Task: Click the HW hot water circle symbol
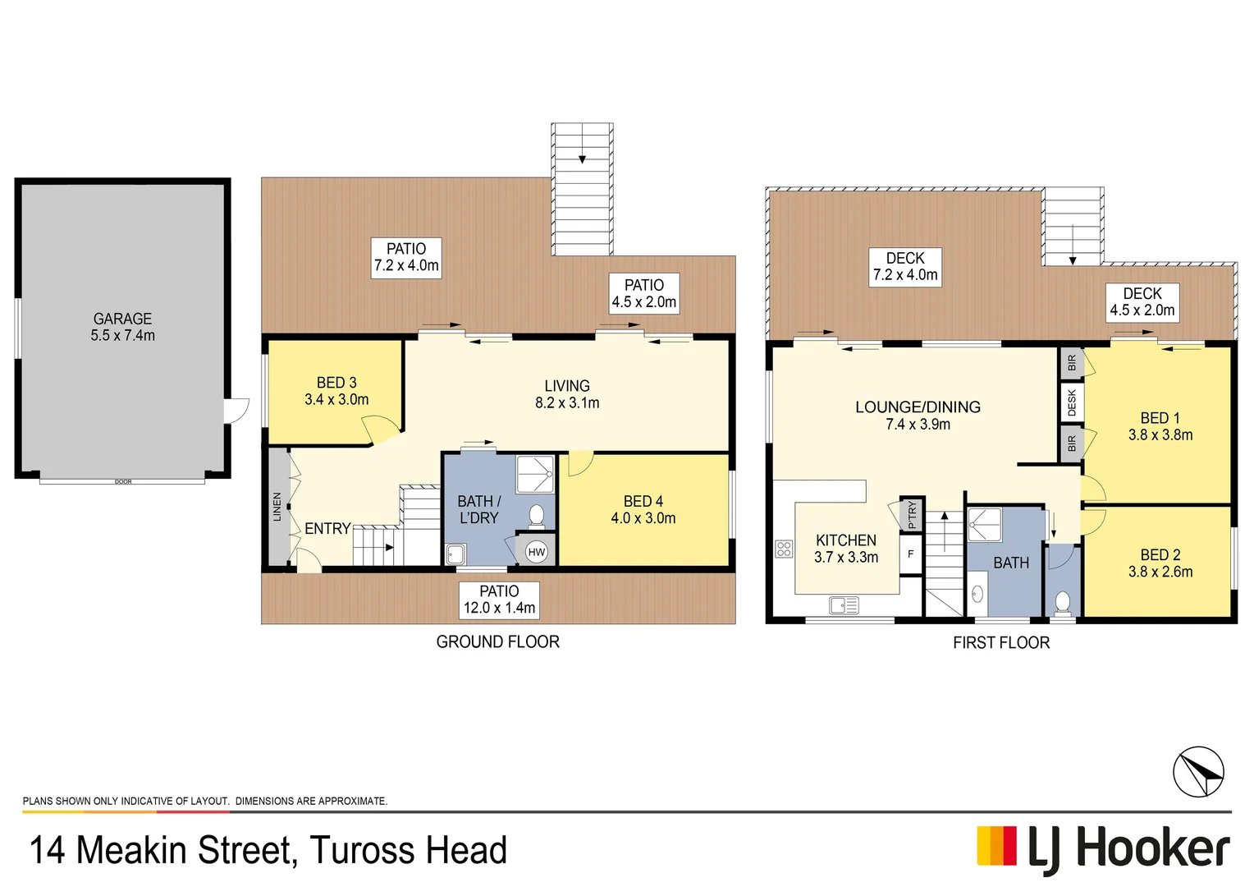(x=537, y=552)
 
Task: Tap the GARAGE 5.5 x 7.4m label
(x=122, y=327)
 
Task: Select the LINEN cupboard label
(x=277, y=507)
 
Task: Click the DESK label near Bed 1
(x=1072, y=402)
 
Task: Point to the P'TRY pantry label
(x=912, y=515)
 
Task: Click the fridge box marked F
(x=911, y=554)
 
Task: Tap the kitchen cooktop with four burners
(x=784, y=549)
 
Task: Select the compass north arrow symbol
(x=1198, y=772)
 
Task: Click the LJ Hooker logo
(x=1103, y=848)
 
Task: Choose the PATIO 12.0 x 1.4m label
(x=499, y=600)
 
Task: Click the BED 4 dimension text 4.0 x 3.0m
(x=643, y=518)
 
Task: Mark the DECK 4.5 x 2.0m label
(x=1142, y=301)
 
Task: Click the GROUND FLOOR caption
(x=497, y=641)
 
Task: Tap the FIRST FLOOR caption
(x=1000, y=642)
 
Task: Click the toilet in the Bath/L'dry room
(x=537, y=516)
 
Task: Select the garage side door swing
(x=236, y=410)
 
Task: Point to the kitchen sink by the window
(x=844, y=606)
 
